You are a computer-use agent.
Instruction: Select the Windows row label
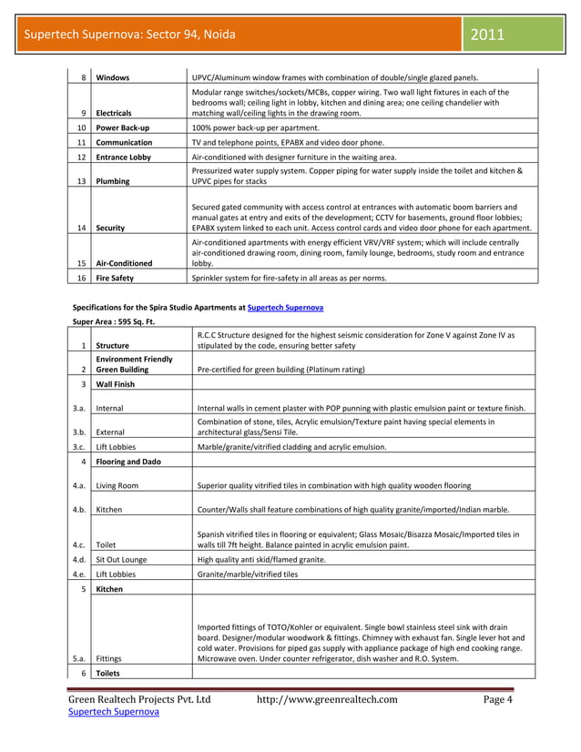(114, 78)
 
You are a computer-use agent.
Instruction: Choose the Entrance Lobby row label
(127, 158)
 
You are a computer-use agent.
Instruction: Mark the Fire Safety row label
(116, 277)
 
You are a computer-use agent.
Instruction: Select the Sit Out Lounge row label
(127, 560)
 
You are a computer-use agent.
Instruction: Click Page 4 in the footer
(498, 699)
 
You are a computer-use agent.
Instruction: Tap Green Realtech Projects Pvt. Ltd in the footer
(139, 699)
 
